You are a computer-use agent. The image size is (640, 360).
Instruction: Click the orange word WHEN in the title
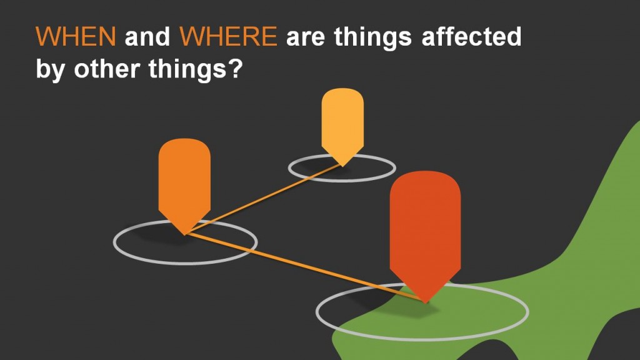[76, 36]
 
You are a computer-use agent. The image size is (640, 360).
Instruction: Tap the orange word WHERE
[229, 36]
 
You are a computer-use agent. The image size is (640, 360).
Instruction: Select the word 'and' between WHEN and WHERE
[147, 36]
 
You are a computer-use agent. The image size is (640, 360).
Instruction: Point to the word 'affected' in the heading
[471, 36]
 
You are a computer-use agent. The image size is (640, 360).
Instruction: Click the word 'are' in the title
[306, 39]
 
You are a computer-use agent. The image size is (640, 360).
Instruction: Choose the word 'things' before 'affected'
[373, 38]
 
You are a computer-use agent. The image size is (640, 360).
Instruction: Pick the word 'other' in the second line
[107, 68]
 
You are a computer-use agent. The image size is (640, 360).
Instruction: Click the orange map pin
[184, 184]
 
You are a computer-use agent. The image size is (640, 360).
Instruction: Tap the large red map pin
[425, 232]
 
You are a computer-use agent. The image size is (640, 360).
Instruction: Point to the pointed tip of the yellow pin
[343, 166]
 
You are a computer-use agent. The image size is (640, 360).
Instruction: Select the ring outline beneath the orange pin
[185, 263]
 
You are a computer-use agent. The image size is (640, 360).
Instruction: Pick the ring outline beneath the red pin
[422, 339]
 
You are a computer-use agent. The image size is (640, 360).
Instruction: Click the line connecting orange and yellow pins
[264, 199]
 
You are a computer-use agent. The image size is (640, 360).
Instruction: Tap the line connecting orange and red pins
[305, 267]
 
